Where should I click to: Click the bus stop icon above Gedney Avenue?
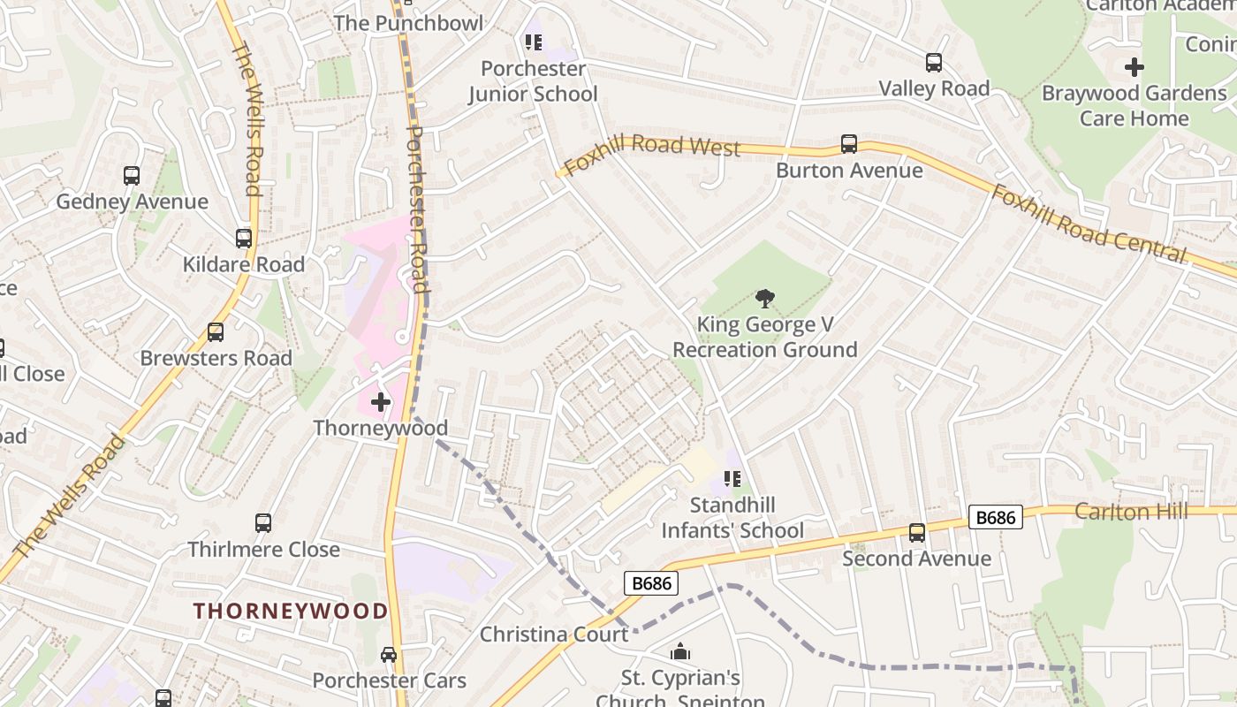click(132, 176)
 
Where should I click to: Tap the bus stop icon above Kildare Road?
click(243, 239)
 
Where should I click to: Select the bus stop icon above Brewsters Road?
click(216, 332)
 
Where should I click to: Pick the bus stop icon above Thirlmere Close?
click(263, 523)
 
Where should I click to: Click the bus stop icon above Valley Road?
click(934, 63)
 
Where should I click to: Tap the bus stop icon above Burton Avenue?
click(849, 144)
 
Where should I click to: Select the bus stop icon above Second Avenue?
click(917, 533)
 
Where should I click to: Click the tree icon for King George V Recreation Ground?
click(765, 299)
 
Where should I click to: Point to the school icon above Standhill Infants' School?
click(732, 479)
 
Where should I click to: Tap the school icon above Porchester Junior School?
click(533, 42)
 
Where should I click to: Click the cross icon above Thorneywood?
click(381, 403)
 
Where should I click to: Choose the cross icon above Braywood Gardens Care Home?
click(1134, 67)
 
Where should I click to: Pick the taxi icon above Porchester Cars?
click(389, 655)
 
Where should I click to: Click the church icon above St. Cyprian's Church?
click(680, 652)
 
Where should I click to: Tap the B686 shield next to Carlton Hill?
click(996, 517)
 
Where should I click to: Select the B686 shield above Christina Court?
click(651, 583)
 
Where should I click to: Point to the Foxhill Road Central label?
click(1089, 224)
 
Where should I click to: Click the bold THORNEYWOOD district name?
click(291, 611)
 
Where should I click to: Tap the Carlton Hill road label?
click(1131, 512)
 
